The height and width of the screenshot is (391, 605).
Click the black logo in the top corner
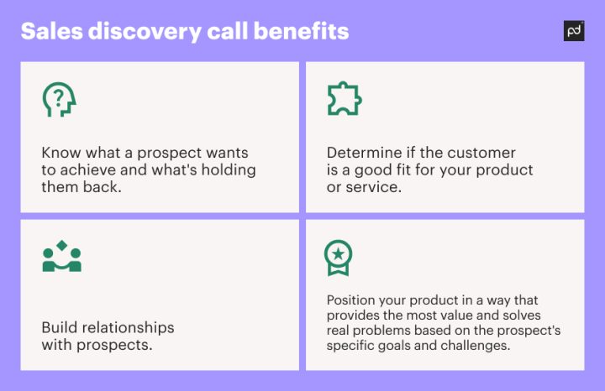click(574, 30)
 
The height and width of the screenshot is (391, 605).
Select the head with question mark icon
click(59, 100)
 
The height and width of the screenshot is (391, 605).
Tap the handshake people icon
click(61, 257)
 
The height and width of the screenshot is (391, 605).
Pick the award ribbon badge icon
click(339, 257)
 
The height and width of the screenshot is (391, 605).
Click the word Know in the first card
click(60, 154)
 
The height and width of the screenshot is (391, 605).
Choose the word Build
click(59, 326)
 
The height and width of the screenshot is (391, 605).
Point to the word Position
click(352, 300)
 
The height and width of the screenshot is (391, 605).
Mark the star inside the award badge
click(339, 252)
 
